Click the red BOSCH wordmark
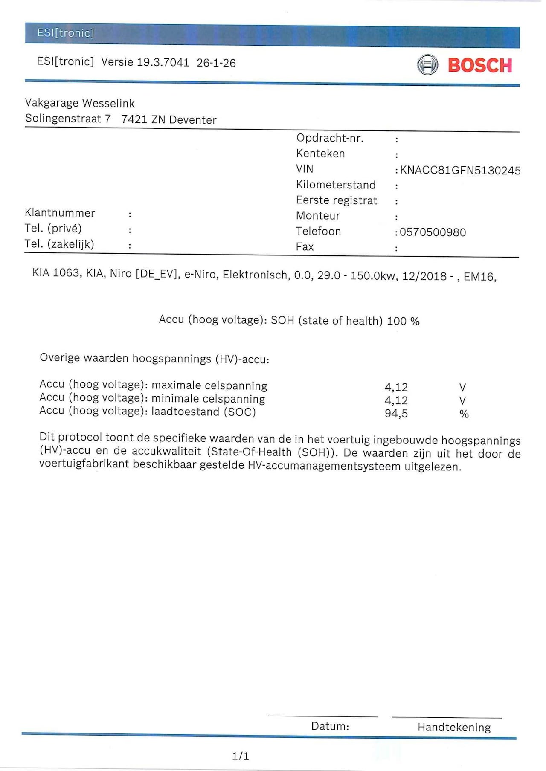[x=479, y=65]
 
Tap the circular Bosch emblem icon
[x=427, y=65]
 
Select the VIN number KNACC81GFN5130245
[x=460, y=171]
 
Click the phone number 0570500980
[x=433, y=232]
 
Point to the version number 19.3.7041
[x=163, y=62]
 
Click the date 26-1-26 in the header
[x=216, y=63]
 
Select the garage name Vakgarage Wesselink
[x=80, y=103]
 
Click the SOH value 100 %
[x=403, y=321]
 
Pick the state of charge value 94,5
[x=396, y=414]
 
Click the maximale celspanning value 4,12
[x=396, y=387]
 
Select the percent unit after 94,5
[x=464, y=414]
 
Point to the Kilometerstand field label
[x=336, y=185]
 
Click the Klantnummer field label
[x=60, y=213]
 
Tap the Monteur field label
[x=318, y=216]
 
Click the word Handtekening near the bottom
[x=454, y=727]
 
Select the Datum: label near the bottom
[x=330, y=726]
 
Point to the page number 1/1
[x=241, y=756]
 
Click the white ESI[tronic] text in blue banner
[x=65, y=33]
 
